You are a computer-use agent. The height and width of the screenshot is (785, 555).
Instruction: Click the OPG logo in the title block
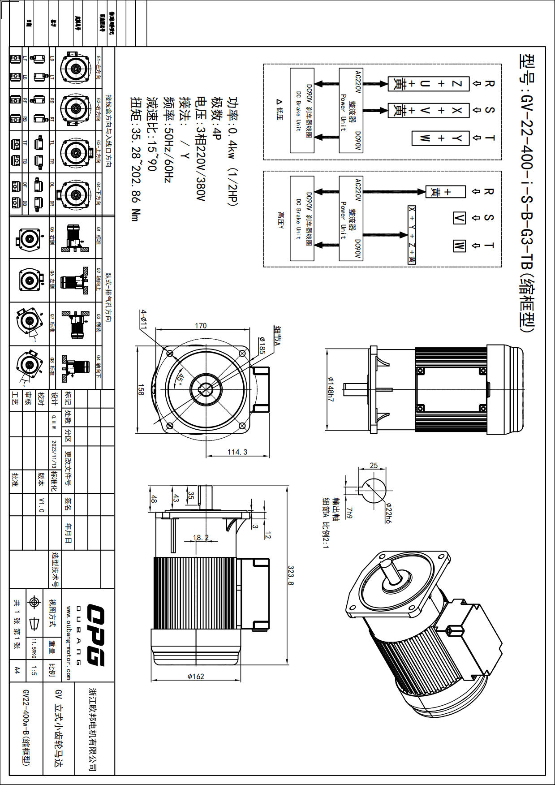point(95,634)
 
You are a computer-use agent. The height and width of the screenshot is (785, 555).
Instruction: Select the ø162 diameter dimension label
point(196,676)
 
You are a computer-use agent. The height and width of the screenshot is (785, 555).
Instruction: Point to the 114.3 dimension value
point(237,452)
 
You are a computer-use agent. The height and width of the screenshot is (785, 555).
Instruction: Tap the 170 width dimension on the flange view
point(201,325)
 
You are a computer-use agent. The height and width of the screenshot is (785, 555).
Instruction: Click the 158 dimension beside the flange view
point(141,389)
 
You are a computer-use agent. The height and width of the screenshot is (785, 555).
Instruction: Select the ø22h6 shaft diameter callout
point(388,513)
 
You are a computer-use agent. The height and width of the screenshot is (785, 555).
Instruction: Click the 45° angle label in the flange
point(180,379)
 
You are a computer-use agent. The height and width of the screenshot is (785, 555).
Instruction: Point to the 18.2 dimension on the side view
point(200,537)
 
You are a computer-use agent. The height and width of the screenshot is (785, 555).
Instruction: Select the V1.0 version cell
point(41,505)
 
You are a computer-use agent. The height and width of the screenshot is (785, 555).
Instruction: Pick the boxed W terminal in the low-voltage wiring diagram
point(425,138)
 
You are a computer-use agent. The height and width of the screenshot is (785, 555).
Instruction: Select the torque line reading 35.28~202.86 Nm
point(136,159)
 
